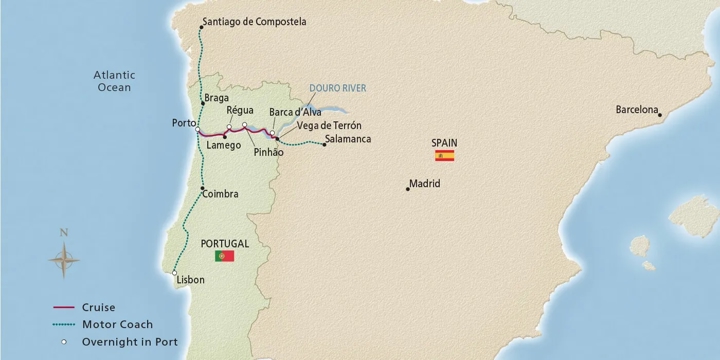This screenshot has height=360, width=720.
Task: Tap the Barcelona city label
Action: (637, 109)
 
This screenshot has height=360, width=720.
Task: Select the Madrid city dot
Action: (407, 189)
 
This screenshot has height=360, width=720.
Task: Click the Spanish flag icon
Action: (444, 156)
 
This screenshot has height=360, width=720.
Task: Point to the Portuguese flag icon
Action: (224, 256)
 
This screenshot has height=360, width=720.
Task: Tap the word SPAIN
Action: (444, 142)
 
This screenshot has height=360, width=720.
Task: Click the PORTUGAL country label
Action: (225, 242)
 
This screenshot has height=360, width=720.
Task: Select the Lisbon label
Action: (190, 280)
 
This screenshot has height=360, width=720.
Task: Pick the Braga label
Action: (216, 98)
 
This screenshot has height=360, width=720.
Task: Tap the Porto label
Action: (183, 123)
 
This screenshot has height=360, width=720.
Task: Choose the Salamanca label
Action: (348, 139)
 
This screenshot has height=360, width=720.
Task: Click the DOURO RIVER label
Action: (337, 88)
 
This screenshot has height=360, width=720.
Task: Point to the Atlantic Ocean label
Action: (113, 81)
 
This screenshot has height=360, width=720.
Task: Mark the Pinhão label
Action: (268, 152)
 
